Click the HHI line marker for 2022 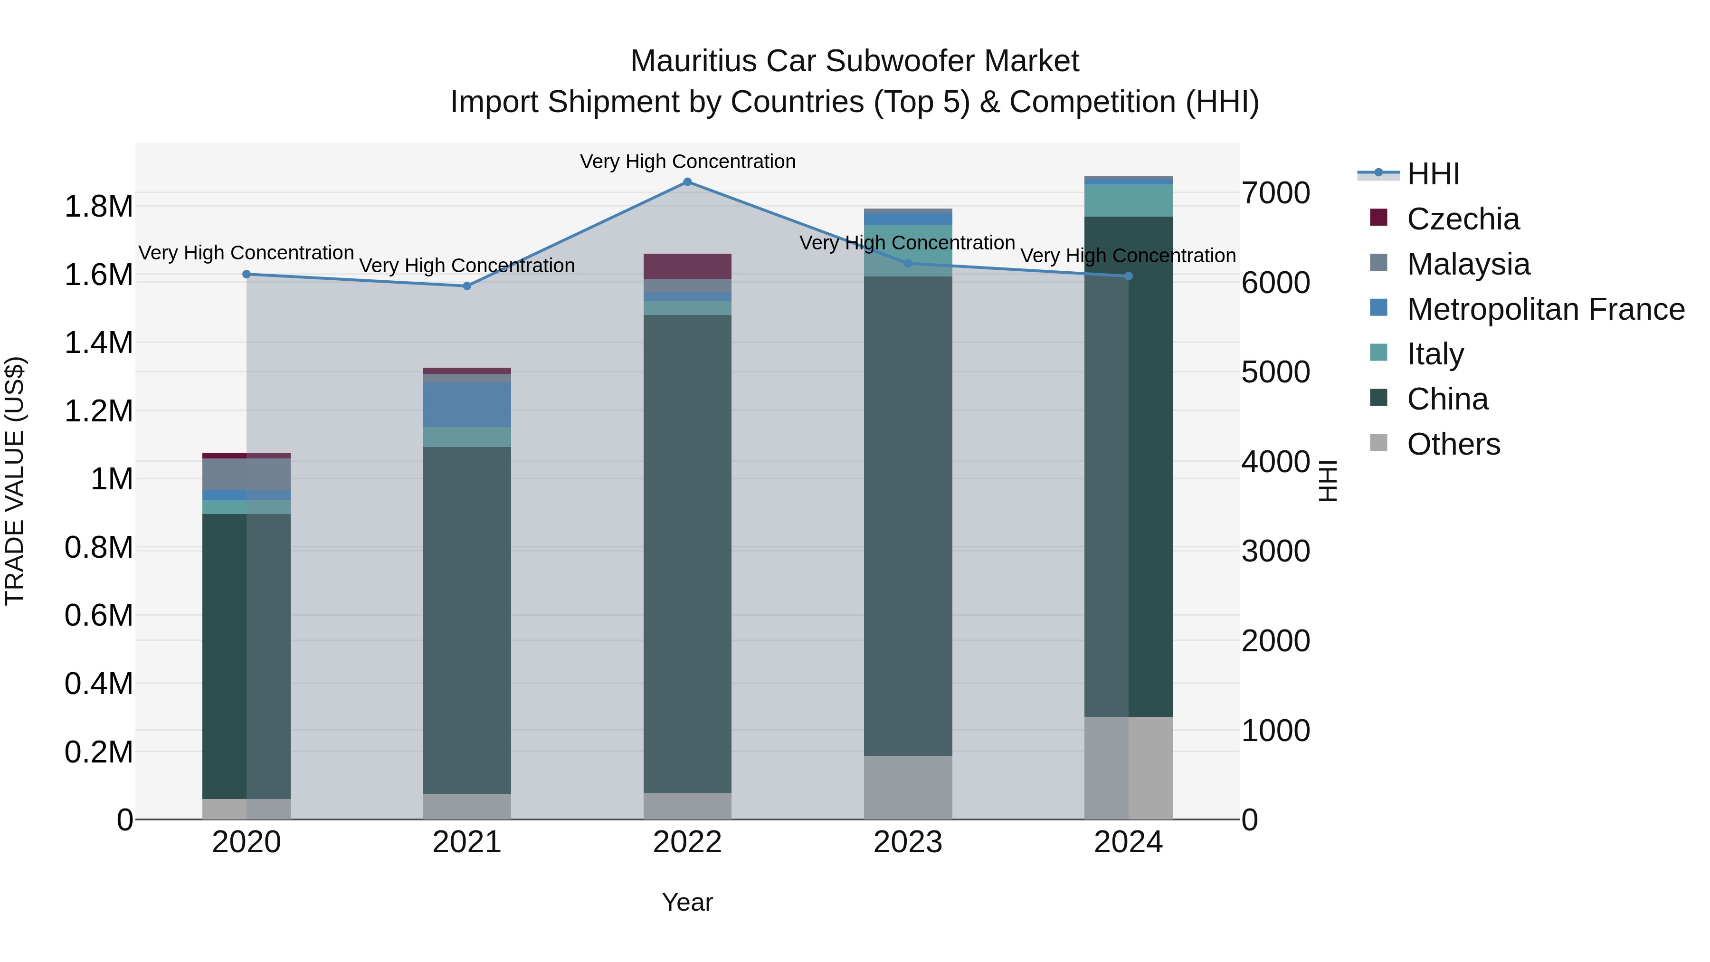click(687, 182)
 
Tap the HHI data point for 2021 click(466, 286)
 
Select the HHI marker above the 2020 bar click(246, 274)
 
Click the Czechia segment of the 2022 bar click(687, 266)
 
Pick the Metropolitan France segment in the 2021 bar click(466, 405)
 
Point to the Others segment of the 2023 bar click(907, 787)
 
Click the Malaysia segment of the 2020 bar click(246, 474)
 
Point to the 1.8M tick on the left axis click(99, 207)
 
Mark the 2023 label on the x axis click(907, 842)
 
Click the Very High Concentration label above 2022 click(687, 162)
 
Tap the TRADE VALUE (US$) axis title click(15, 481)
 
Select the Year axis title click(687, 902)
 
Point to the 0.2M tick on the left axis click(99, 752)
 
